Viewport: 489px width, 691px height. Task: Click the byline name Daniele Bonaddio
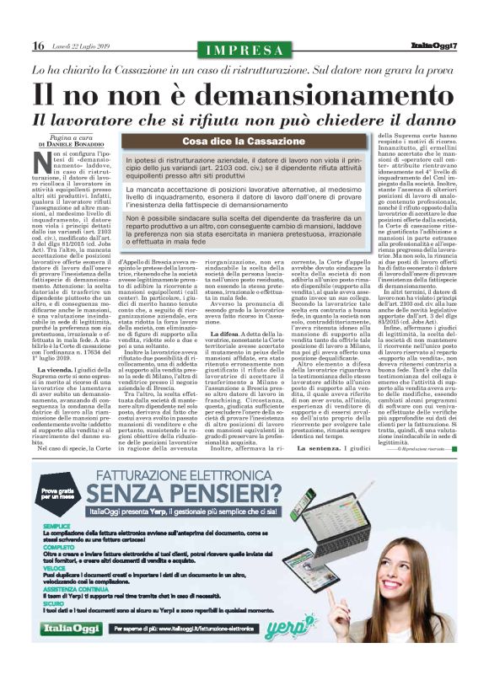[76, 147]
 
